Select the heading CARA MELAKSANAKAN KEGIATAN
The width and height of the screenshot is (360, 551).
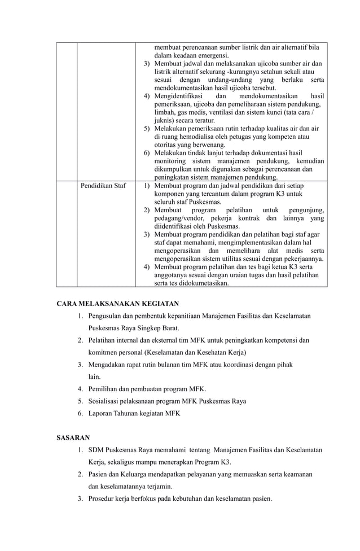pos(117,303)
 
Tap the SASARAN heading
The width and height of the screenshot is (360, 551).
pos(73,438)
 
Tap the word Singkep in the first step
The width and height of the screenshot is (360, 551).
pos(139,328)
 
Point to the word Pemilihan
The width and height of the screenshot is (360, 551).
pos(105,388)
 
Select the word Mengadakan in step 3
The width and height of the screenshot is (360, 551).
pos(108,365)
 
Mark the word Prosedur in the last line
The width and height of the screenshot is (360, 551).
pos(103,498)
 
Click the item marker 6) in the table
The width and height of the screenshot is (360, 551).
pos(147,152)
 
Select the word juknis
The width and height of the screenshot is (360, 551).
pos(164,120)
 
